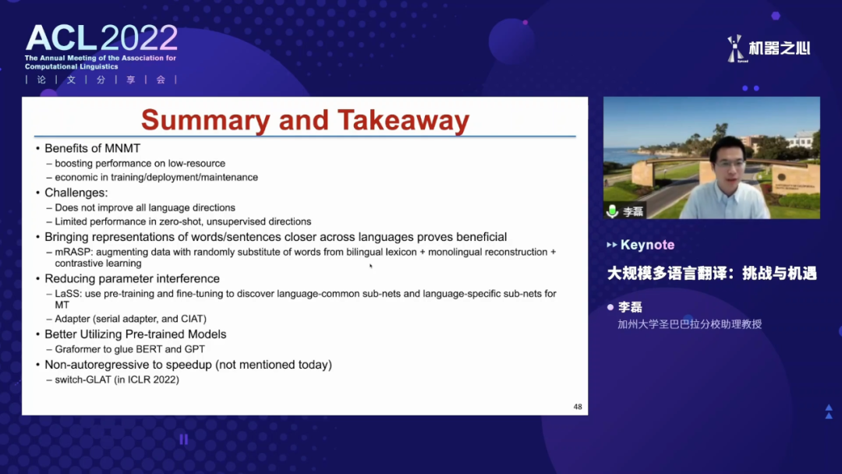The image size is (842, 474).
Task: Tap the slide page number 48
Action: [x=578, y=407]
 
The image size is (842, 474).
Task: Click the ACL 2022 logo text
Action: [x=101, y=38]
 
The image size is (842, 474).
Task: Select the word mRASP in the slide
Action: [x=73, y=252]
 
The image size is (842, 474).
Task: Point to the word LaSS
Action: [x=67, y=294]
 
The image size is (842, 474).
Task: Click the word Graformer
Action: [x=79, y=349]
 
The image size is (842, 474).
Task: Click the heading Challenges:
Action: [x=76, y=193]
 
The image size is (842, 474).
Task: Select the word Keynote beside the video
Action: [x=647, y=245]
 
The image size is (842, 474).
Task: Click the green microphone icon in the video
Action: [x=612, y=211]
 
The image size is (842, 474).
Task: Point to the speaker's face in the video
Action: [x=729, y=162]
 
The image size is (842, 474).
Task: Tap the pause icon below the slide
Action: [x=184, y=440]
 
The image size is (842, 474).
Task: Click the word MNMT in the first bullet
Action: [x=123, y=149]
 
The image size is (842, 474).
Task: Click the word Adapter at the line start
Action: [x=73, y=319]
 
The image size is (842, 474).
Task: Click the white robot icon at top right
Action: [x=735, y=48]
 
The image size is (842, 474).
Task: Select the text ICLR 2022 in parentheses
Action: [x=151, y=380]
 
